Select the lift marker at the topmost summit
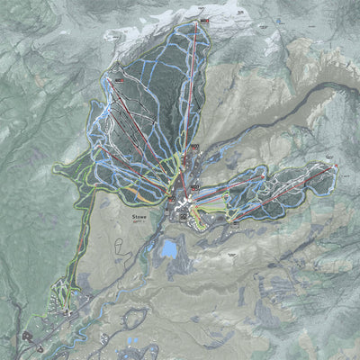(203, 19)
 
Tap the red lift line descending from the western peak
(144, 135)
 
